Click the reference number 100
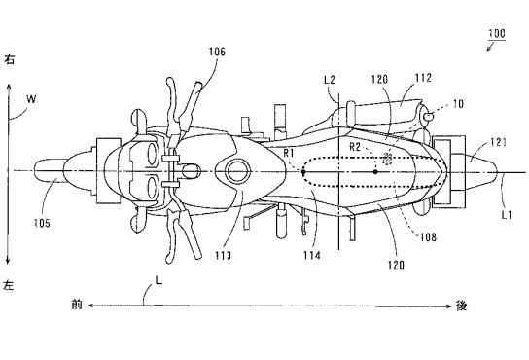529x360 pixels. tap(497, 33)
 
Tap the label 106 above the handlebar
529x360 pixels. tap(217, 52)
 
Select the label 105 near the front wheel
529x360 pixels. tap(42, 223)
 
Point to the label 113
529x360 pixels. tap(224, 255)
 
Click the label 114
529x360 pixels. tap(311, 255)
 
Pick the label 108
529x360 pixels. tap(428, 237)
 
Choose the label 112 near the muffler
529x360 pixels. tap(423, 78)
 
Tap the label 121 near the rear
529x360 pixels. tap(498, 142)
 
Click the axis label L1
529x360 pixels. tap(507, 215)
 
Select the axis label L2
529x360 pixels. tap(330, 80)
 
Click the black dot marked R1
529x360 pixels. tap(303, 172)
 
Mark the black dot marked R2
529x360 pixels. tap(375, 172)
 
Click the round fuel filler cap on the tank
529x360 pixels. tap(238, 171)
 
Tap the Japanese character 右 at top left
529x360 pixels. tap(9, 59)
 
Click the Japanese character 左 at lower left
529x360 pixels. tap(9, 285)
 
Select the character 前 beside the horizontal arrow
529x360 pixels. tap(77, 305)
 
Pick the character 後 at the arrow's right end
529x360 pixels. tap(462, 306)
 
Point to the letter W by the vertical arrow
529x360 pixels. tap(31, 99)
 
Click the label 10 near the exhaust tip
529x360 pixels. tap(458, 104)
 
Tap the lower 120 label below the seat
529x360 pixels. tap(396, 265)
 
